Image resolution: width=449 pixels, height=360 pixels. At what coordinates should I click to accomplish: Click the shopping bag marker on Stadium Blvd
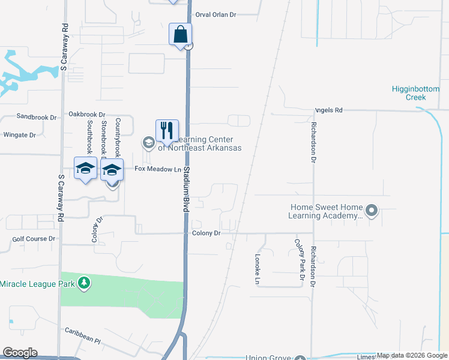(180, 34)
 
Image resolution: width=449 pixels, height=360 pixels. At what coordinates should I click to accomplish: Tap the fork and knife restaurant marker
(167, 131)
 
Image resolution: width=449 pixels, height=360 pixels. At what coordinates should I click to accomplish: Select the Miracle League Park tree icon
(85, 283)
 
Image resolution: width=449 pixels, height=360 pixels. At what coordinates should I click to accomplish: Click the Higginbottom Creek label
(417, 93)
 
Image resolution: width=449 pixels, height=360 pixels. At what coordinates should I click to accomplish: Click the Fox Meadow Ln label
(157, 170)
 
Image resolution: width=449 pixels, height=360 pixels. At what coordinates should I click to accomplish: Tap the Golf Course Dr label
(34, 239)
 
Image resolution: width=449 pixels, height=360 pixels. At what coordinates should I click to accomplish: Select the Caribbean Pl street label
(83, 334)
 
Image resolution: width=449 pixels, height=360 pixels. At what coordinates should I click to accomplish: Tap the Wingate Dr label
(20, 135)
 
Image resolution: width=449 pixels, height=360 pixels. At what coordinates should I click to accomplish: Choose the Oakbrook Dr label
(86, 114)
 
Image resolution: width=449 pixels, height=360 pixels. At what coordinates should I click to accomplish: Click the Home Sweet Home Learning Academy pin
(372, 210)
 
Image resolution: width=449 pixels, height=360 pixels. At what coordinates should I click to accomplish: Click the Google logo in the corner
(20, 353)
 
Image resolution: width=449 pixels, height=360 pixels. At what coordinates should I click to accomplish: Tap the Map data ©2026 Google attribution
(412, 355)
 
